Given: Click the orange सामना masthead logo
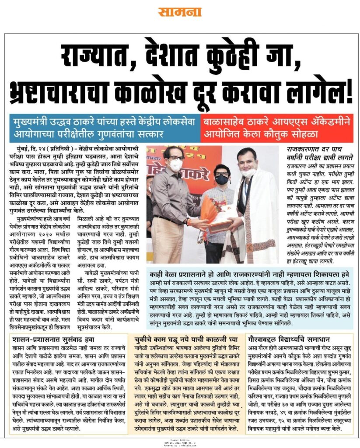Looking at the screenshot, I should click(x=180, y=12).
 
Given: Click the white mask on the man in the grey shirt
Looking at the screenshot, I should click(x=176, y=165).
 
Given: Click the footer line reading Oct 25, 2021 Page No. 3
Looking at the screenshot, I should click(x=180, y=443).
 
